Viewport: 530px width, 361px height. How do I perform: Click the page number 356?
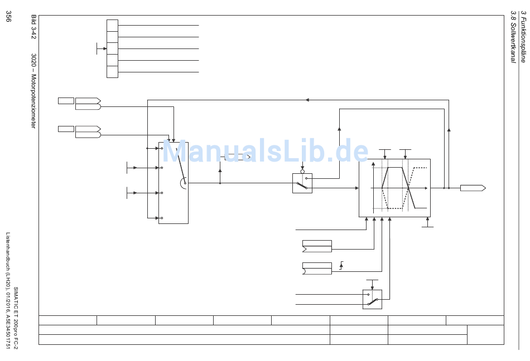tap(8, 17)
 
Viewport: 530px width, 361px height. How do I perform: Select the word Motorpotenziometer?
tap(33, 101)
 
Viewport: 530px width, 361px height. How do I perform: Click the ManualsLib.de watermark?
tap(265, 152)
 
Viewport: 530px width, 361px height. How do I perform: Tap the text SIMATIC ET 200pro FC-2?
tap(16, 318)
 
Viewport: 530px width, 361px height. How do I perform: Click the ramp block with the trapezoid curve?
tap(394, 188)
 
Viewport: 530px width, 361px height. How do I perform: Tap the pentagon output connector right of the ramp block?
tap(473, 188)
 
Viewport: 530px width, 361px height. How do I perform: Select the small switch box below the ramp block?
tap(372, 299)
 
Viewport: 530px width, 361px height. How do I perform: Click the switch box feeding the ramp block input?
tap(302, 183)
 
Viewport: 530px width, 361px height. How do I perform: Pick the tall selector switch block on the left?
tap(173, 183)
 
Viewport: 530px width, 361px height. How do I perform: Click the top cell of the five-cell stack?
tap(112, 25)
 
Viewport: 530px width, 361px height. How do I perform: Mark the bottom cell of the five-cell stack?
tap(112, 72)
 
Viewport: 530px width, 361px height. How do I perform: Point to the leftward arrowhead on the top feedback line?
tap(307, 100)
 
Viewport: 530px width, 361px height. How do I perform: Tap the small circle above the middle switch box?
tap(302, 172)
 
